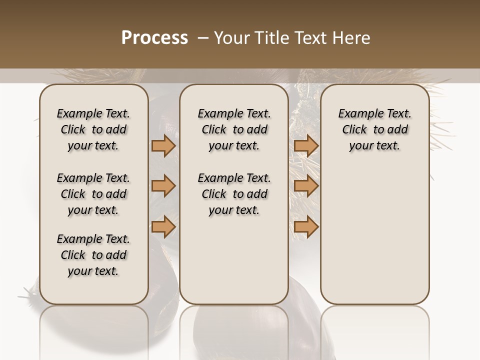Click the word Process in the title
(154, 37)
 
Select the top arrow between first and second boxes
(163, 146)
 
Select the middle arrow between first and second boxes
(163, 186)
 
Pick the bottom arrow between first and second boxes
(163, 227)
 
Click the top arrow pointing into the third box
(306, 146)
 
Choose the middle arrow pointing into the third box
(306, 186)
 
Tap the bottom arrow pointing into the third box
(306, 227)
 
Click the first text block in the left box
(93, 129)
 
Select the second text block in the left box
(93, 194)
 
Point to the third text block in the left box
(93, 255)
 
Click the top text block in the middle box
(234, 129)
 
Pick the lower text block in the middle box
(234, 194)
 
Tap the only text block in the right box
(374, 129)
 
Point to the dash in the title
(203, 38)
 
